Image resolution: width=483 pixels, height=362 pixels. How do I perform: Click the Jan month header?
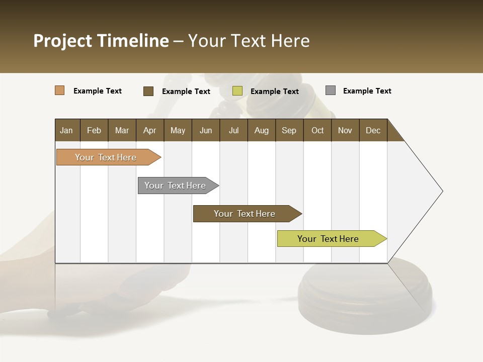pos(66,130)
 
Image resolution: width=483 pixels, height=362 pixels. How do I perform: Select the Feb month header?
pos(94,130)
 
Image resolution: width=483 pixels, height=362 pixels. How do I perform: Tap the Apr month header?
pos(149,130)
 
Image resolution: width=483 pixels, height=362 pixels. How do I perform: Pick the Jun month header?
pos(206,130)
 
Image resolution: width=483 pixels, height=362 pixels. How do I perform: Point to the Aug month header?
pos(261,130)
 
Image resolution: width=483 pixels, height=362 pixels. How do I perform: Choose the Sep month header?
pos(289,130)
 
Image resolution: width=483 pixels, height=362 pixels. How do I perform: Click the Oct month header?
pos(317,130)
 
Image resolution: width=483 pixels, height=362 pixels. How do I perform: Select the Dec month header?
pos(373,130)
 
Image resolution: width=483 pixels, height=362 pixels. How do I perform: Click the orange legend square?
pos(60,90)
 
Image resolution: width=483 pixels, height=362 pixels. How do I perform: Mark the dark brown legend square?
pos(148,91)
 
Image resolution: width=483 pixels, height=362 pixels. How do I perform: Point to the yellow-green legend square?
pos(237,91)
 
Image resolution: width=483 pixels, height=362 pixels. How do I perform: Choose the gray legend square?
pos(331,90)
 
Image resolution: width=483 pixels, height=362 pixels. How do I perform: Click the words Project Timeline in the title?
pos(101,41)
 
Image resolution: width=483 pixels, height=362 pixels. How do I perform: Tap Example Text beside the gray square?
pos(367,91)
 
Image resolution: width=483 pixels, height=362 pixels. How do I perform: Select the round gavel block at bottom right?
pos(365,294)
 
